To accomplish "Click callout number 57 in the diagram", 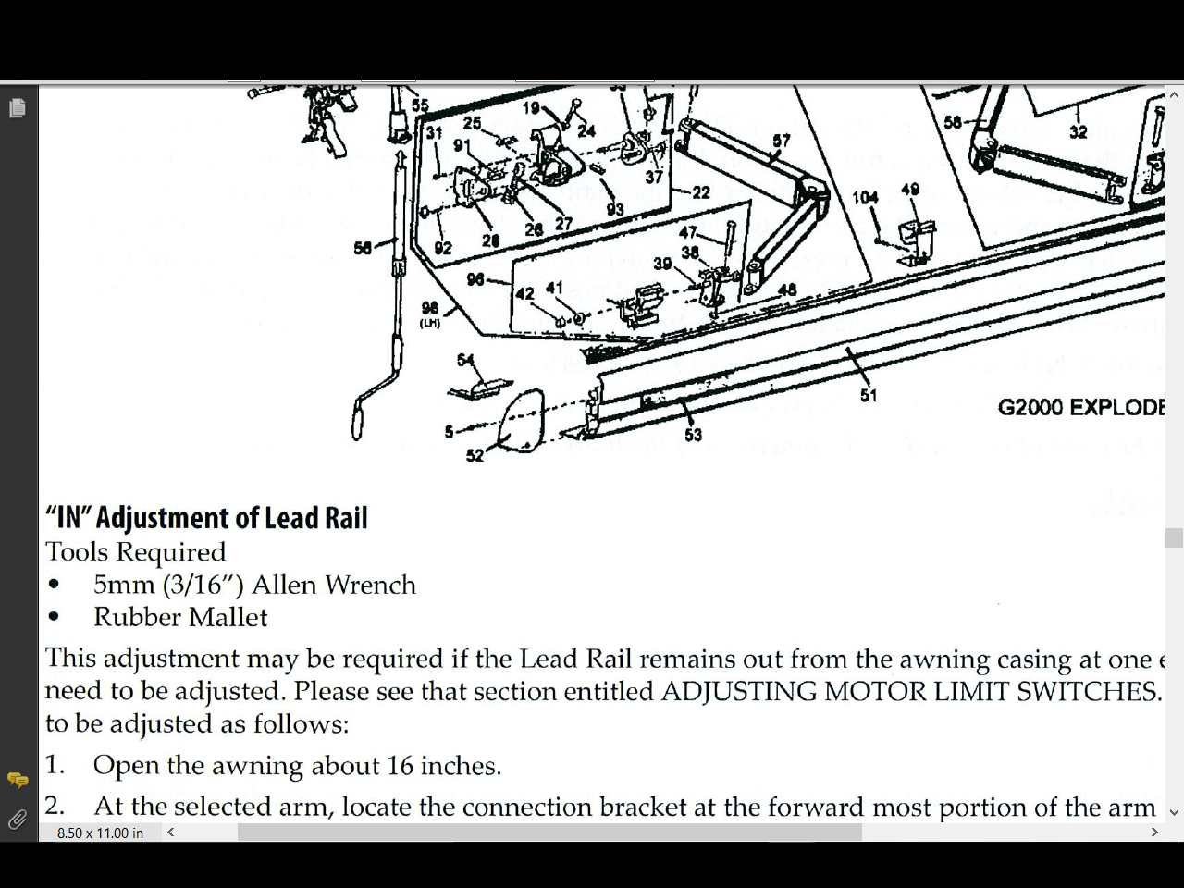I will (782, 141).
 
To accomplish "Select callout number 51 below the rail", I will (868, 395).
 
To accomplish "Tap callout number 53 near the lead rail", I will (693, 434).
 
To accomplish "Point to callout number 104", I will (865, 197).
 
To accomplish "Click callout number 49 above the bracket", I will (910, 190).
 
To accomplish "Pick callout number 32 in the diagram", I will (1078, 131).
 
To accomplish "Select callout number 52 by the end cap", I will (475, 455).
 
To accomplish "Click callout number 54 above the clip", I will (465, 360).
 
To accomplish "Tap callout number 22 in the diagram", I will (701, 191).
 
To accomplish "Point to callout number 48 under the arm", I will (787, 290).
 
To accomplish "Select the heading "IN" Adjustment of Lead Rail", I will (206, 518).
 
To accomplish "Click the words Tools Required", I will (136, 552).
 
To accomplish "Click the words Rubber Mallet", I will (180, 618).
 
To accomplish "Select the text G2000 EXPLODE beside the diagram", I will (1079, 407).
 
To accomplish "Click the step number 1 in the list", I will (55, 766).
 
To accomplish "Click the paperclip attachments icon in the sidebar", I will (18, 820).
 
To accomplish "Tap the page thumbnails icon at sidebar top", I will (18, 108).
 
